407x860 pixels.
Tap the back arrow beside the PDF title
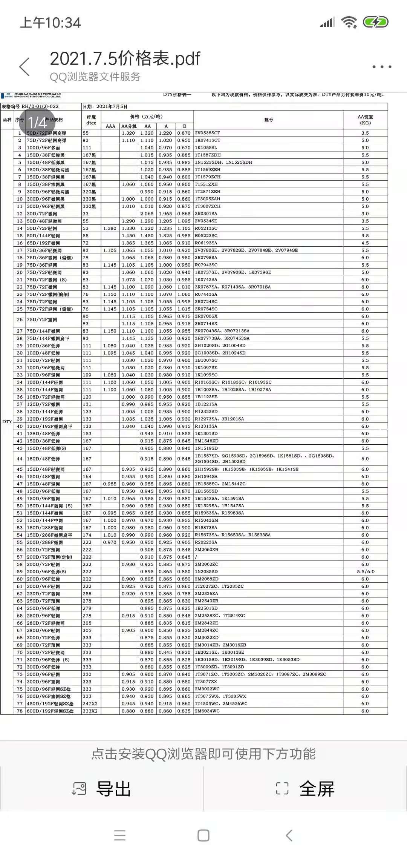[x=24, y=67]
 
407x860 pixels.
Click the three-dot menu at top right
[x=382, y=67]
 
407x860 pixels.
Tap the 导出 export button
[x=102, y=789]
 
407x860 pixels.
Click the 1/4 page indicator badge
[x=37, y=122]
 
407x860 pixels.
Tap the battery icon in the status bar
[x=375, y=22]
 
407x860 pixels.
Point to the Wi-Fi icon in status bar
[x=349, y=23]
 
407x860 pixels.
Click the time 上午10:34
[x=50, y=23]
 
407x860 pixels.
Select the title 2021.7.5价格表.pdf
[x=125, y=59]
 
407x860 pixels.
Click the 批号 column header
[x=268, y=120]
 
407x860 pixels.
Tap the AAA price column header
[x=110, y=126]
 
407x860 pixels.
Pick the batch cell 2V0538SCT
[x=207, y=133]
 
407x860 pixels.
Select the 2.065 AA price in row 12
[x=147, y=214]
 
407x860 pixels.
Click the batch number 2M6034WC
[x=207, y=711]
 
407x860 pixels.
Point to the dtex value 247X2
[x=90, y=704]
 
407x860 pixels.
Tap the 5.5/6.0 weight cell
[x=365, y=572]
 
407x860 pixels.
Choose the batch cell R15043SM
[x=206, y=521]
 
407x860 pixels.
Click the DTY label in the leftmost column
[x=7, y=422]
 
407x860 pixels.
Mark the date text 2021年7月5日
[x=112, y=107]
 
